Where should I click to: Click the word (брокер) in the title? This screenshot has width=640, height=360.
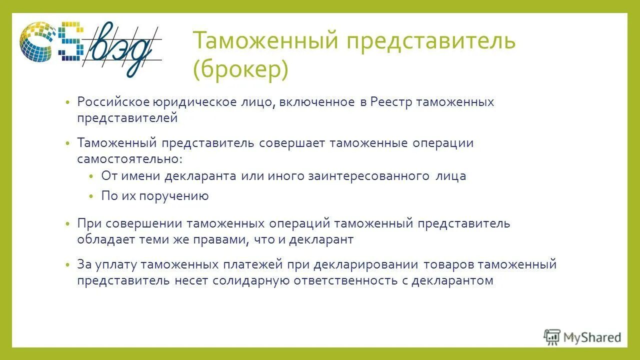tap(240, 70)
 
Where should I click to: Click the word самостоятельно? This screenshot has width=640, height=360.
tap(130, 159)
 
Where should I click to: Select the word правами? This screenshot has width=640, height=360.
tap(219, 239)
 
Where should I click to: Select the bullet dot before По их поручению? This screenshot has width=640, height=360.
tap(91, 196)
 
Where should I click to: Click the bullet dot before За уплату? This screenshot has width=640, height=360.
tap(67, 265)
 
